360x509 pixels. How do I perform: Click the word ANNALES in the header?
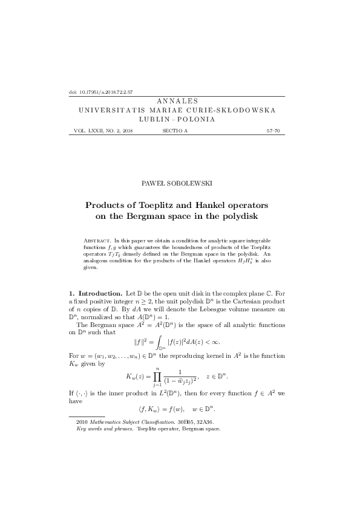pyautogui.click(x=180, y=102)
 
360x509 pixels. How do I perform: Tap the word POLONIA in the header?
pyautogui.click(x=197, y=120)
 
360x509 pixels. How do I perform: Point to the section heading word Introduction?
pyautogui.click(x=101, y=293)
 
